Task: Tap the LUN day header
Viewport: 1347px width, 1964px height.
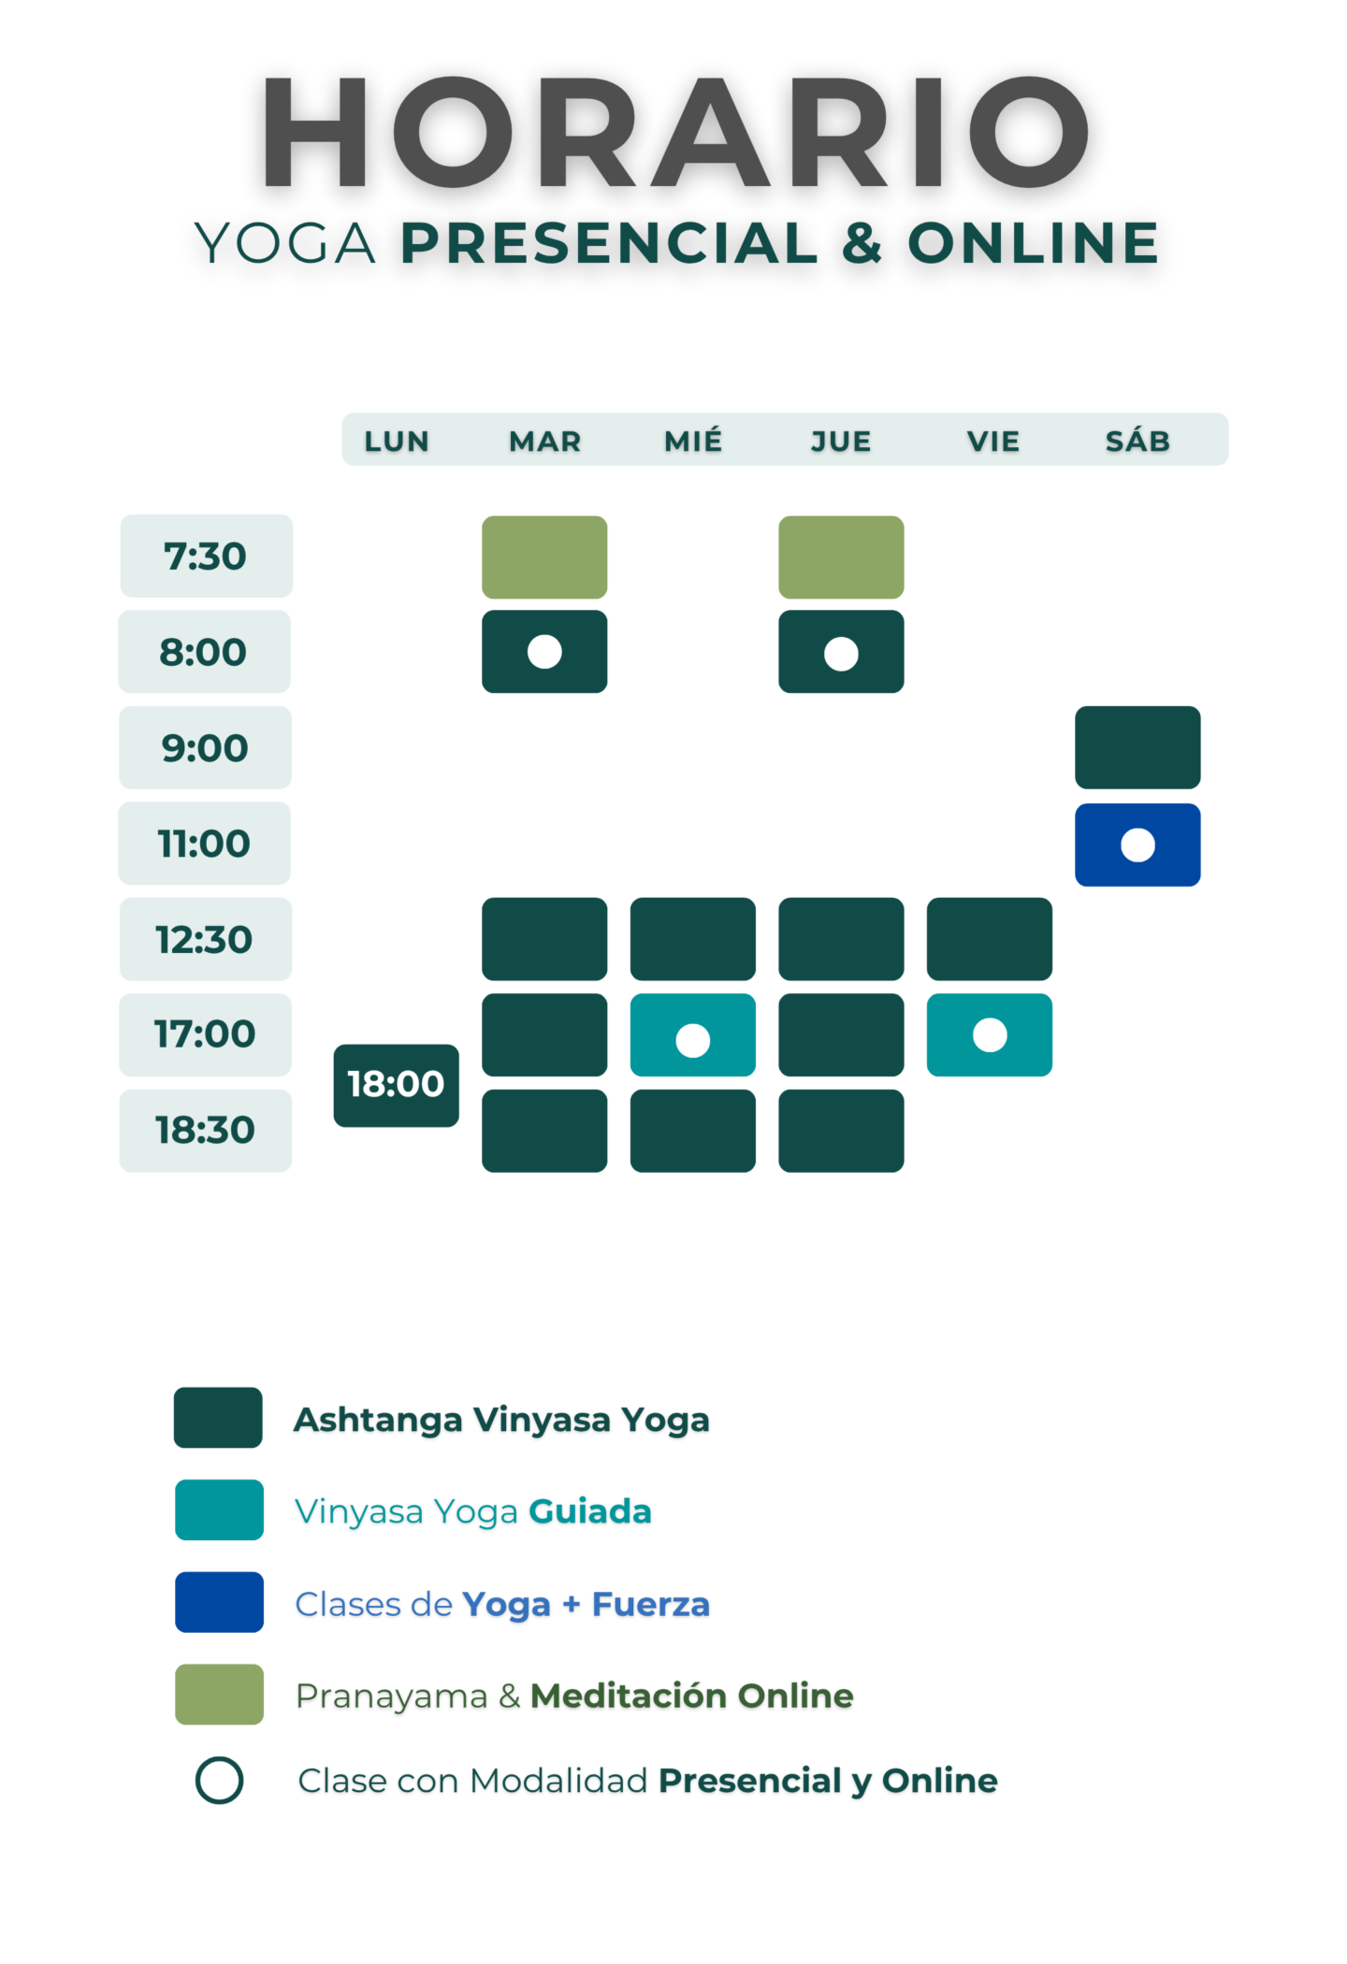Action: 397,441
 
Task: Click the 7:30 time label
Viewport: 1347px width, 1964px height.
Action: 206,556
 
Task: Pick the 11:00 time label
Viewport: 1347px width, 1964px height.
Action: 205,844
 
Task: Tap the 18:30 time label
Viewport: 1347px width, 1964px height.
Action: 206,1131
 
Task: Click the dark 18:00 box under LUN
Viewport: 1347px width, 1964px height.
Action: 397,1086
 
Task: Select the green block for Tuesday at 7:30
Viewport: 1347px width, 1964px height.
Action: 544,557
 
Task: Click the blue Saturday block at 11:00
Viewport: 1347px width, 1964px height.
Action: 1137,845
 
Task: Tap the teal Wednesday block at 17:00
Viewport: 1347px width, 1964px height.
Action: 693,1035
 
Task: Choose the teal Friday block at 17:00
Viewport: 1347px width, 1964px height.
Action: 990,1035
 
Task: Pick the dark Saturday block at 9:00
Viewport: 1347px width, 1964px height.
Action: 1137,747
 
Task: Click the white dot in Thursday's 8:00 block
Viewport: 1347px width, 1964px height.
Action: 841,654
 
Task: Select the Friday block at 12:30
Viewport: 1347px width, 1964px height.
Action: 990,939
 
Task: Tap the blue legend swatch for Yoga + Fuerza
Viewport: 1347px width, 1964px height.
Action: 219,1602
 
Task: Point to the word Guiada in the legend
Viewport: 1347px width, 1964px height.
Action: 590,1511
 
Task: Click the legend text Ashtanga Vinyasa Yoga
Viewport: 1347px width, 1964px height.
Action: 502,1421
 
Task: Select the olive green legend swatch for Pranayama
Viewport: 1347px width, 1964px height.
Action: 219,1694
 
